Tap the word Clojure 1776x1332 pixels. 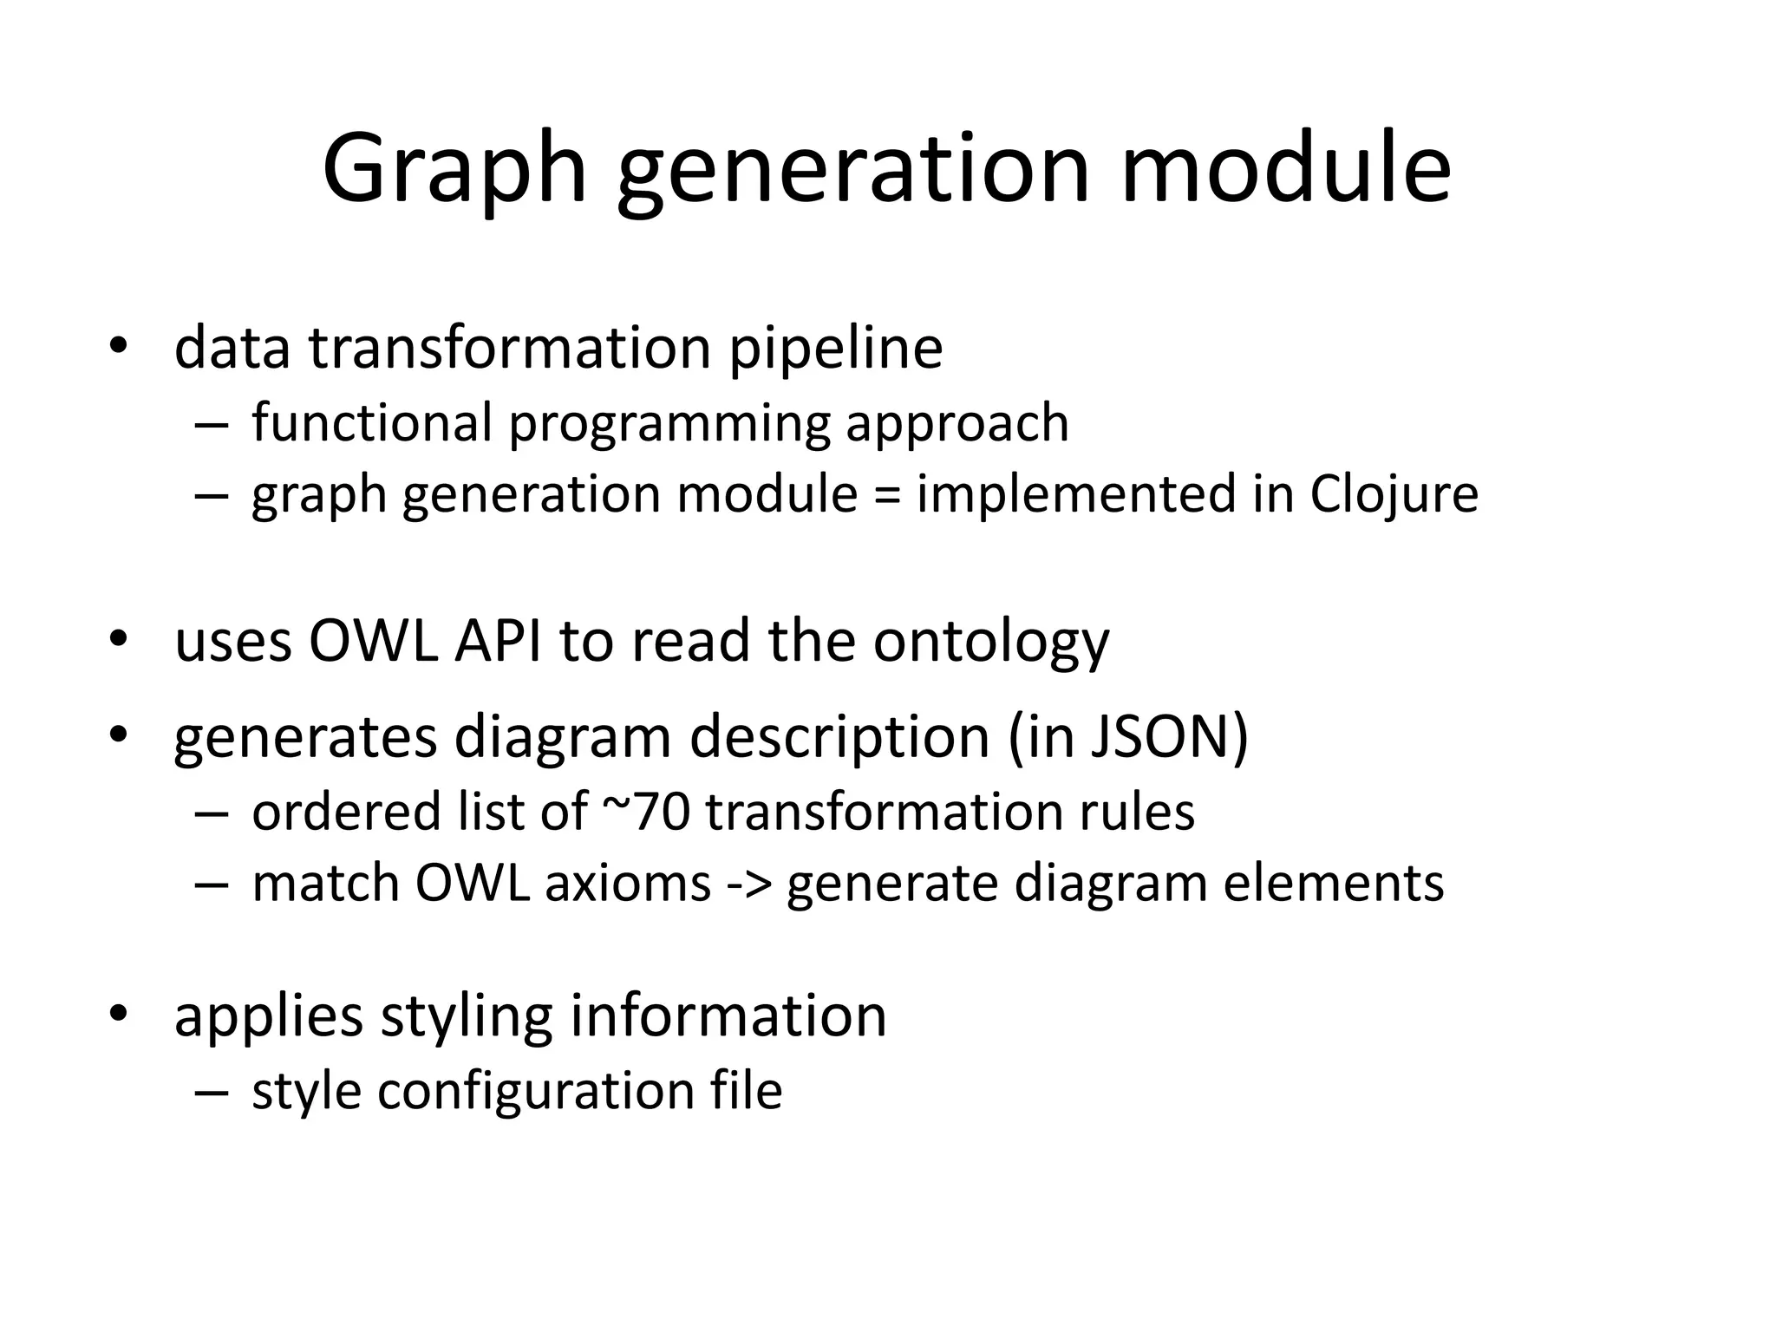[1394, 494]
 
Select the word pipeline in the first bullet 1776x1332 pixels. [836, 348]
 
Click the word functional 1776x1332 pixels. [366, 423]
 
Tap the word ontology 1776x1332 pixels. [990, 643]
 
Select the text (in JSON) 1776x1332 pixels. [1127, 738]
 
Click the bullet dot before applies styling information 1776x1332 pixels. [119, 1013]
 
